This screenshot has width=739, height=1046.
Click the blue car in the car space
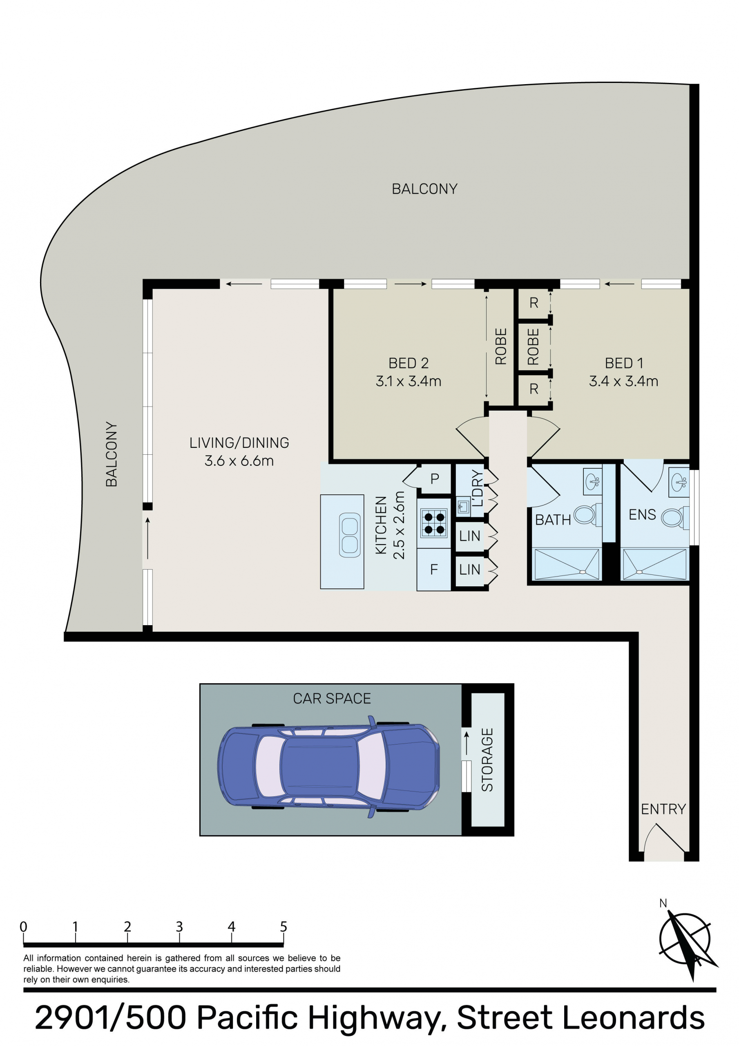click(x=328, y=767)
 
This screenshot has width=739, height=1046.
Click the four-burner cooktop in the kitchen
click(x=434, y=523)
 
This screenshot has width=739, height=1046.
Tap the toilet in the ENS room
click(x=675, y=518)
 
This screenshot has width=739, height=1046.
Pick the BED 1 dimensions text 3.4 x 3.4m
click(x=623, y=381)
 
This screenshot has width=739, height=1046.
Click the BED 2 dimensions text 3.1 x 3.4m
click(x=408, y=381)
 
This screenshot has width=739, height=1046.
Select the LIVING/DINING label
click(x=239, y=443)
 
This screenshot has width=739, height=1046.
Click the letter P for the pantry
click(x=435, y=478)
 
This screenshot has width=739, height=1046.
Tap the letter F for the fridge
click(x=434, y=569)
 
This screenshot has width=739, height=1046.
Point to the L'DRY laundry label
click(x=477, y=488)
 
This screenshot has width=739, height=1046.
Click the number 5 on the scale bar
click(x=284, y=927)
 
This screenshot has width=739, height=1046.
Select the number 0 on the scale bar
click(x=23, y=927)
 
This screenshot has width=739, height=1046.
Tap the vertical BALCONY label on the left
click(x=112, y=454)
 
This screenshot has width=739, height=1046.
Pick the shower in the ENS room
click(x=654, y=564)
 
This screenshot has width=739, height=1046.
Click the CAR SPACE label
click(x=332, y=698)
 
